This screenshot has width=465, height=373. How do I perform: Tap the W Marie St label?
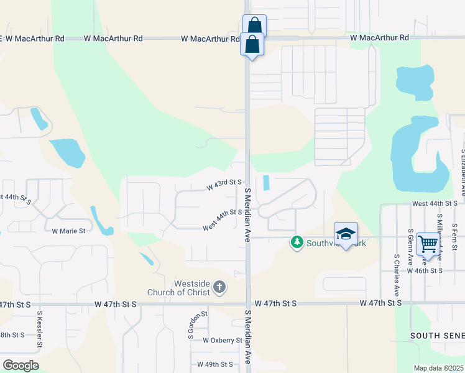[x=68, y=231]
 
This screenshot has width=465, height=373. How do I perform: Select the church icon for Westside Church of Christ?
[x=219, y=287]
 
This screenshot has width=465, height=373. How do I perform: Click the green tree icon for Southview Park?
[x=297, y=242]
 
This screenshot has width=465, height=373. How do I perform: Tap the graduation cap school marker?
[x=346, y=234]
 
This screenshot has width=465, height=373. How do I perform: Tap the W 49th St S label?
[x=214, y=364]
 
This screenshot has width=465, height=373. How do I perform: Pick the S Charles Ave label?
[x=397, y=274]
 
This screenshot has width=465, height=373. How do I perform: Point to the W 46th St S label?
[x=425, y=271]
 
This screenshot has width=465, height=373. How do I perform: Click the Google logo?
[x=21, y=366]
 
